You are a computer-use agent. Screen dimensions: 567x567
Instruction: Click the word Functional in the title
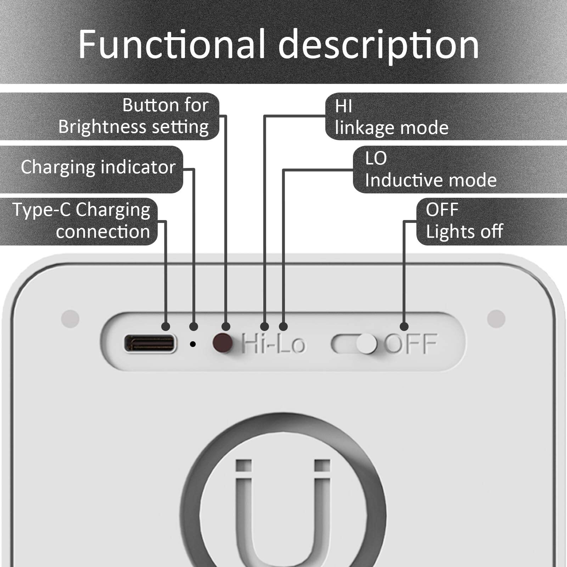(x=172, y=44)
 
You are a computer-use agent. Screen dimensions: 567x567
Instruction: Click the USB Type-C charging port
(x=150, y=343)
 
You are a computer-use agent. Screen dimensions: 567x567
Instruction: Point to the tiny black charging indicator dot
(x=193, y=344)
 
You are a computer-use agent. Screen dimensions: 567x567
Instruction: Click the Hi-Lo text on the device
(x=273, y=343)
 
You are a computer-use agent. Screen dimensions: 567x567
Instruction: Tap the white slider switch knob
(x=366, y=344)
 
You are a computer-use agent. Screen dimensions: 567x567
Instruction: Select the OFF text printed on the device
(x=411, y=343)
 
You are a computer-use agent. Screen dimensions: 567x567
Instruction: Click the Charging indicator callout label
(x=98, y=168)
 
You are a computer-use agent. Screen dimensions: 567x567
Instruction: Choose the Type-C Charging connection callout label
(x=82, y=221)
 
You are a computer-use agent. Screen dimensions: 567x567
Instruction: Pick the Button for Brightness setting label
(x=134, y=116)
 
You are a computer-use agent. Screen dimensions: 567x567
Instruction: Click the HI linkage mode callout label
(x=392, y=117)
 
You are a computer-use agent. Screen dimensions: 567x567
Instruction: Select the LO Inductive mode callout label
(x=431, y=169)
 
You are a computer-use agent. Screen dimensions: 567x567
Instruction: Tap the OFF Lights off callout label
(x=464, y=221)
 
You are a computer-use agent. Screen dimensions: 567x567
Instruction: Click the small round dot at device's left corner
(x=70, y=318)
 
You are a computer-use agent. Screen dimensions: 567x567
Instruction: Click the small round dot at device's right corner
(x=496, y=318)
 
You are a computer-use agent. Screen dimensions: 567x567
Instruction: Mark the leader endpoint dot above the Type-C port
(x=165, y=326)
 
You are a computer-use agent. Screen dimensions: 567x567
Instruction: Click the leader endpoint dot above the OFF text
(x=404, y=326)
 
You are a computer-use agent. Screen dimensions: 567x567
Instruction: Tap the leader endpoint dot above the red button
(x=226, y=326)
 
